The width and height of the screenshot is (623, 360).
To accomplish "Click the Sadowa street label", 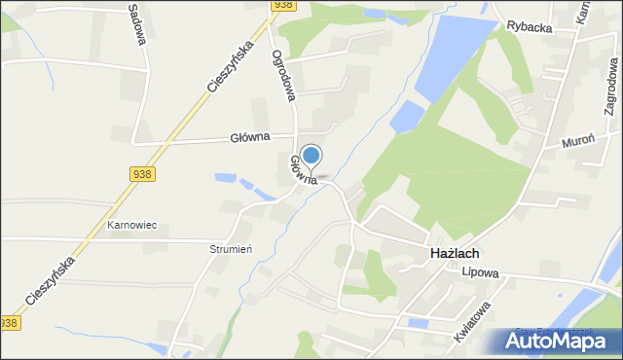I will pos(137,18).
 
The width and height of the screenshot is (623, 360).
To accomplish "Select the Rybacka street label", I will pos(530,28).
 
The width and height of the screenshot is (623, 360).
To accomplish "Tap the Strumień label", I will pos(231,249).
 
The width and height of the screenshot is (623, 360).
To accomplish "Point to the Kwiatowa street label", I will pos(472,322).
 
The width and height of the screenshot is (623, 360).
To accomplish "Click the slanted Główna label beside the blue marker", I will pos(302,169).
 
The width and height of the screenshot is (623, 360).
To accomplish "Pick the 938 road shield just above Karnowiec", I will pos(142,173).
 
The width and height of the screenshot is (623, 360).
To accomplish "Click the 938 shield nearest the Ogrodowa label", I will pos(283,5).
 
